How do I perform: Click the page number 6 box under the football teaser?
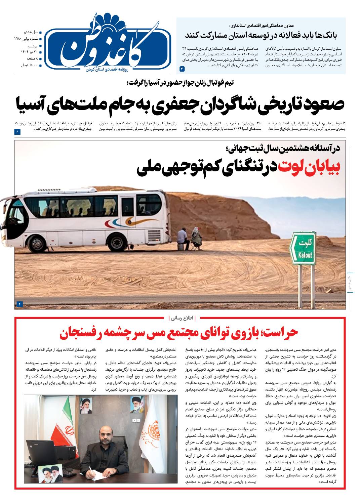click(x=17, y=132)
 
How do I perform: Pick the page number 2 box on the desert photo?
click(x=19, y=304)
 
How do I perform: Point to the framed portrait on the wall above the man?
click(x=136, y=405)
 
